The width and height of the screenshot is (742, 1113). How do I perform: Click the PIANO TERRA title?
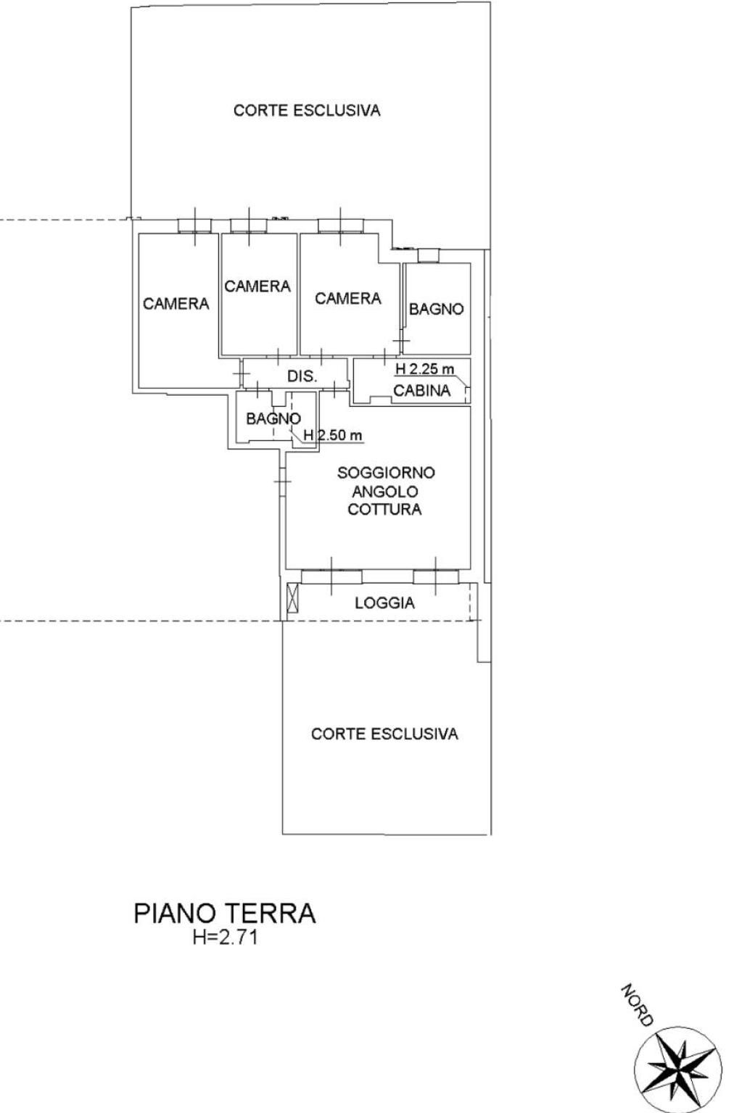tap(225, 914)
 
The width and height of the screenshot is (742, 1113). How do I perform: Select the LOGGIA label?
tap(384, 603)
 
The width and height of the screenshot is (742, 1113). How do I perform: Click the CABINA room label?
tap(422, 391)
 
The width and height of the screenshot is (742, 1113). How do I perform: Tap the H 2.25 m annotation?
tap(425, 369)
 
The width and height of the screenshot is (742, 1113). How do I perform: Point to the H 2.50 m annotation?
tap(333, 435)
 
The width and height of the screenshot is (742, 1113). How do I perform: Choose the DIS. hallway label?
tap(302, 376)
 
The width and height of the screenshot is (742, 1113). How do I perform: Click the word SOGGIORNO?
tap(386, 473)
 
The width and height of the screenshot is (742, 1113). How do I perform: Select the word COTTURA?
tap(384, 509)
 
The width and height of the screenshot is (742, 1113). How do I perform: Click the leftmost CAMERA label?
tap(176, 303)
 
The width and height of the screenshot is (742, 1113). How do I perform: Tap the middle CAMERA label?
tap(257, 286)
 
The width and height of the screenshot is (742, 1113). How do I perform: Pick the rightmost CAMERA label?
tap(348, 298)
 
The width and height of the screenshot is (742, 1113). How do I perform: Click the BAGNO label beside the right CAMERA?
tap(437, 309)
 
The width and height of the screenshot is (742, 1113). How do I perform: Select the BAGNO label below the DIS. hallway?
tap(273, 418)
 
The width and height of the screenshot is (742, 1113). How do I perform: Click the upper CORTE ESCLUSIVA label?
tap(307, 109)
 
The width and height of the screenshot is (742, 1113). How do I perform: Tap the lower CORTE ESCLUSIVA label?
tap(384, 733)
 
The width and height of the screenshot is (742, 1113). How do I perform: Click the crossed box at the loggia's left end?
tap(294, 597)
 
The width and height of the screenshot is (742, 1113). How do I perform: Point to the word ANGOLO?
tap(385, 492)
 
